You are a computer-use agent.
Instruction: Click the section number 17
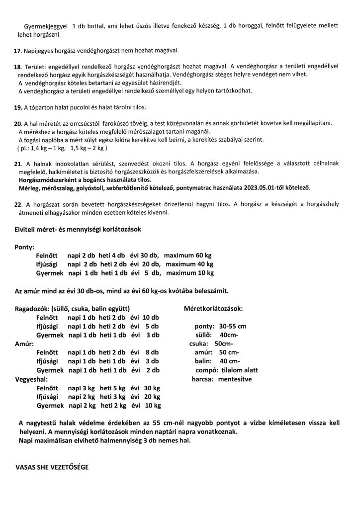coord(18,51)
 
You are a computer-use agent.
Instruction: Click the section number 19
coord(18,107)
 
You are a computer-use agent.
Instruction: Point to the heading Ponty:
coord(25,247)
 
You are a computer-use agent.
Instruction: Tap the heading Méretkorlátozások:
coord(213,308)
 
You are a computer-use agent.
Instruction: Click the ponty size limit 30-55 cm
coord(232,326)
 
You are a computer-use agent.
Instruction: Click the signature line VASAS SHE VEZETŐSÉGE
coord(54,468)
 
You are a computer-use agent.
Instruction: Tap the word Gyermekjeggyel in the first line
coord(45,25)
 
